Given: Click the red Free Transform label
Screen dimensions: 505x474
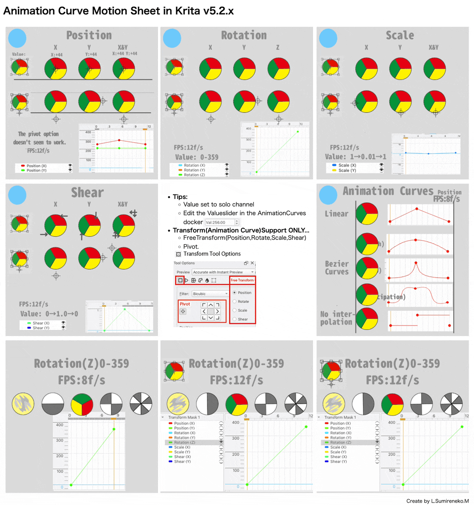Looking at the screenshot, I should (242, 280).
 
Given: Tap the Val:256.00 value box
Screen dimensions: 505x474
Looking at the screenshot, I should (223, 222).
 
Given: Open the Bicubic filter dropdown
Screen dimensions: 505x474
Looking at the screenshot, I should (210, 294).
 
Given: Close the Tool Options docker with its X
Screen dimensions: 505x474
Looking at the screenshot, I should (252, 263).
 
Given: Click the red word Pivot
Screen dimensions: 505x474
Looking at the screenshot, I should (185, 304).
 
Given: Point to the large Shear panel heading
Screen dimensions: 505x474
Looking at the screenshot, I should (87, 192).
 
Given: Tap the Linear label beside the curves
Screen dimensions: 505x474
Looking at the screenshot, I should (336, 214).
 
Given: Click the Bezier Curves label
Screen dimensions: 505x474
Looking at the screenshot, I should (337, 268).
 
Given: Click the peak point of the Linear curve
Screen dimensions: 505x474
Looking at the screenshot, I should (417, 209).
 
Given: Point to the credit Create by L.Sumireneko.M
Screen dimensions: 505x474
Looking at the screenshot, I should (437, 501).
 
